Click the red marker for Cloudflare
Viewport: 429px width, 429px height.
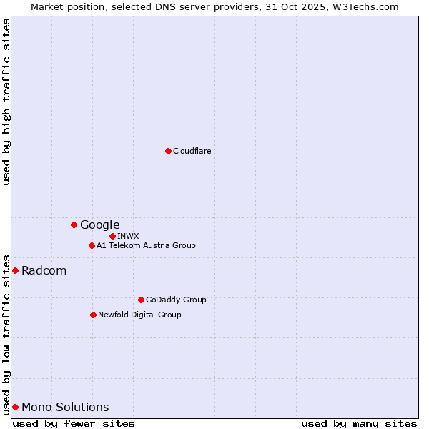pos(168,151)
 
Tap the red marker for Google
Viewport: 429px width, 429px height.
pos(74,225)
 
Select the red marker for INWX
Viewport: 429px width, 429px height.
pos(112,236)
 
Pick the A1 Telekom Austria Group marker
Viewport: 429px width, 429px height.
pos(92,245)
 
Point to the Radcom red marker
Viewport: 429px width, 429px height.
pos(15,270)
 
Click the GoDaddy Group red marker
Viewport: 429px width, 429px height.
pos(141,300)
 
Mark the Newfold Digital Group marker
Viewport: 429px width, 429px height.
pos(93,315)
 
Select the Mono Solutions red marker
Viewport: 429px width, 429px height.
pos(15,407)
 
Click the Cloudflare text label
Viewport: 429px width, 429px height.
pos(192,151)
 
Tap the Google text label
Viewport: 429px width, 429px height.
pos(99,225)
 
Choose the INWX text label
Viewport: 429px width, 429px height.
pos(128,236)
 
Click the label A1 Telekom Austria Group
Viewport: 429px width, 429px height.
pos(146,245)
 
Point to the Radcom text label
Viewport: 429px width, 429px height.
pos(44,270)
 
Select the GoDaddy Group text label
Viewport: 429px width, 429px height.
pos(175,300)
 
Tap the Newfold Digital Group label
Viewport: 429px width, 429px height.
pos(139,315)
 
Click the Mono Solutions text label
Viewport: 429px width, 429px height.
pos(65,407)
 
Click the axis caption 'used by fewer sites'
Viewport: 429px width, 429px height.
pos(74,423)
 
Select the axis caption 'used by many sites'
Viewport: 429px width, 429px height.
pos(359,423)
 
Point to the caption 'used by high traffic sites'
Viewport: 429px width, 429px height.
pos(6,102)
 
